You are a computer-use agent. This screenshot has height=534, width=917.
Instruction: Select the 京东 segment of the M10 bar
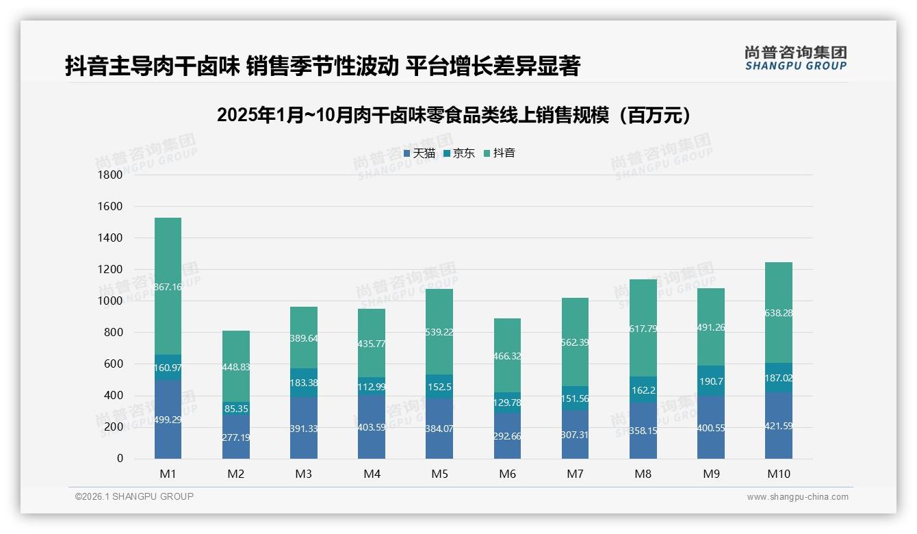[779, 378]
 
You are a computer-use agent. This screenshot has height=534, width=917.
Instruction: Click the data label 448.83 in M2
[235, 367]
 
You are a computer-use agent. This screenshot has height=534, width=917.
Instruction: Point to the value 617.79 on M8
[643, 329]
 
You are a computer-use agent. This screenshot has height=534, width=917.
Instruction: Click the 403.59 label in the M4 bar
[371, 428]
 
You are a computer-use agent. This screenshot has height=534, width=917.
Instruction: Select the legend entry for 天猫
[419, 153]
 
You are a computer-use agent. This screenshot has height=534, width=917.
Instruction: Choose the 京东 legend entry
[459, 153]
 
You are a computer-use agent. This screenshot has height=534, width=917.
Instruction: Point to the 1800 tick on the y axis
[111, 175]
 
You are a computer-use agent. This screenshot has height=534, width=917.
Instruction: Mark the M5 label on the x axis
[439, 474]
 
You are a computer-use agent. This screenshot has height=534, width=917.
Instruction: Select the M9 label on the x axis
[711, 474]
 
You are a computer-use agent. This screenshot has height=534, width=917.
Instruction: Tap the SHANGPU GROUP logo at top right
[795, 58]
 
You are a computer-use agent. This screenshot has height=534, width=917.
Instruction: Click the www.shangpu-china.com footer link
[797, 497]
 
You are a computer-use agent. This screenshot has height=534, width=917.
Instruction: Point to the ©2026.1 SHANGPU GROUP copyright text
[134, 496]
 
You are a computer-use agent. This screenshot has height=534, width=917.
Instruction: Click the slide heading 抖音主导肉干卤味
[322, 66]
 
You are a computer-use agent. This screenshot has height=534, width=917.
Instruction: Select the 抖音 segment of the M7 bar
[575, 342]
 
